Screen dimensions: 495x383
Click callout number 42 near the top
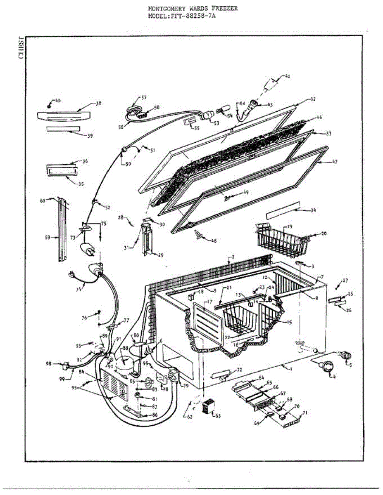[288, 76]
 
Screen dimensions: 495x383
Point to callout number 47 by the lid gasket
[335, 162]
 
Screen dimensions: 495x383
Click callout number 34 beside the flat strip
[313, 210]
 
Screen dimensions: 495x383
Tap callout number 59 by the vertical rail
[48, 237]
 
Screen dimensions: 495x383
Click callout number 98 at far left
[49, 363]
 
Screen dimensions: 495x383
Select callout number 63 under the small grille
[218, 416]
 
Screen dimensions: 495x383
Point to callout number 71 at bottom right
[305, 413]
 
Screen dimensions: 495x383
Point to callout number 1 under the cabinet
[290, 368]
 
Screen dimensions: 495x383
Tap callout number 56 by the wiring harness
[121, 127]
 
